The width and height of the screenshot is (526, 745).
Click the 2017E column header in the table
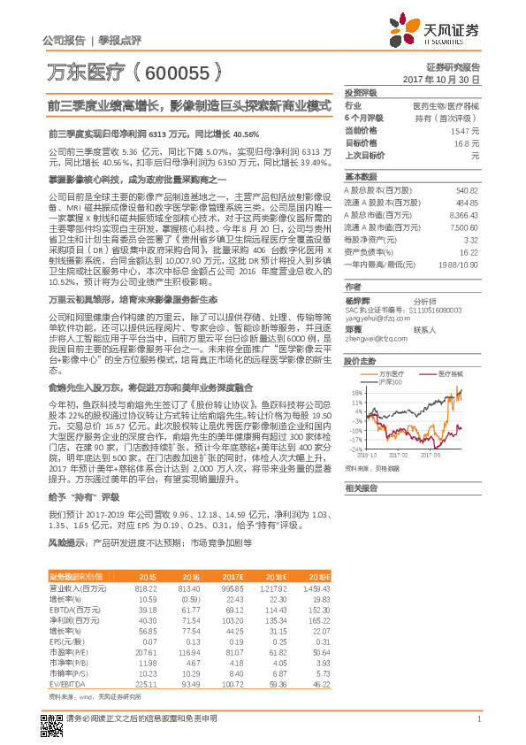(233, 576)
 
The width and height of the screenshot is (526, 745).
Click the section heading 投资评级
(362, 92)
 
